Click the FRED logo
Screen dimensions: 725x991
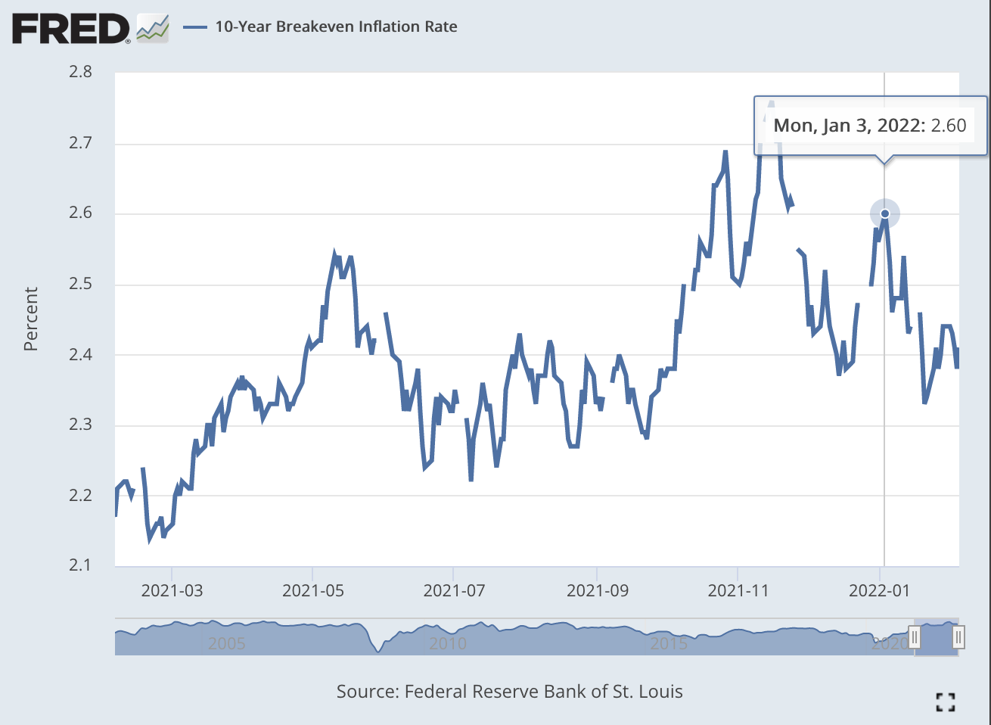(x=72, y=29)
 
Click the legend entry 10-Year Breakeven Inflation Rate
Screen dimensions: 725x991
(x=336, y=26)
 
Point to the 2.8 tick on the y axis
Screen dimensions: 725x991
(x=81, y=72)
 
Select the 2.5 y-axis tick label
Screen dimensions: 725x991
(x=81, y=284)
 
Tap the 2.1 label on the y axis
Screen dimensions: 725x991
(x=81, y=565)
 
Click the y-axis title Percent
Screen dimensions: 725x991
(x=30, y=319)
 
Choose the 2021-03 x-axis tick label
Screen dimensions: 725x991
(x=172, y=591)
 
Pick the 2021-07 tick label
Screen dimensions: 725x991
(x=454, y=591)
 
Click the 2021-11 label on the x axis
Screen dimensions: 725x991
(x=738, y=591)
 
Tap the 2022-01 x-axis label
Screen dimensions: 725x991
(x=879, y=591)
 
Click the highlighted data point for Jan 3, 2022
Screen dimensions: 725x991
(x=885, y=213)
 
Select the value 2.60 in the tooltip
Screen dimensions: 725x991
(x=949, y=126)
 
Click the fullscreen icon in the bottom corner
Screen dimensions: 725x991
(x=946, y=702)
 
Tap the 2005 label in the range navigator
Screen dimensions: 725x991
(x=226, y=643)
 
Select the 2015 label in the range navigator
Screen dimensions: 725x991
(x=669, y=643)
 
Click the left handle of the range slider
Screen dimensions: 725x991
(x=915, y=636)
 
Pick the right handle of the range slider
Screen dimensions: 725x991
(x=958, y=636)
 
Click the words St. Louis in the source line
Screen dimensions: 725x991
(x=648, y=692)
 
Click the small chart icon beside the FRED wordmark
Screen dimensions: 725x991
(x=153, y=29)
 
